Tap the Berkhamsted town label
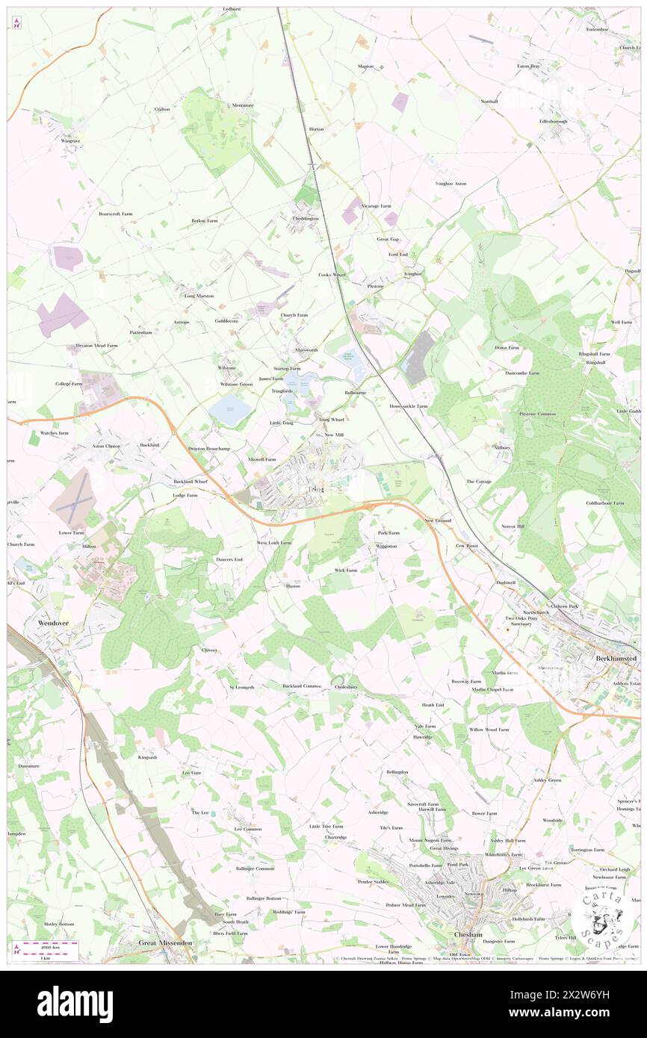616,659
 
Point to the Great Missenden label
165,942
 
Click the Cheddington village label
305,218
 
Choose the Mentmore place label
242,105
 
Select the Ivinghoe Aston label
451,183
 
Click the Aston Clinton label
105,446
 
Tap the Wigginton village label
386,546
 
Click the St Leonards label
242,686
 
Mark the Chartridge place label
335,837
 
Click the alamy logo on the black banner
75,1004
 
